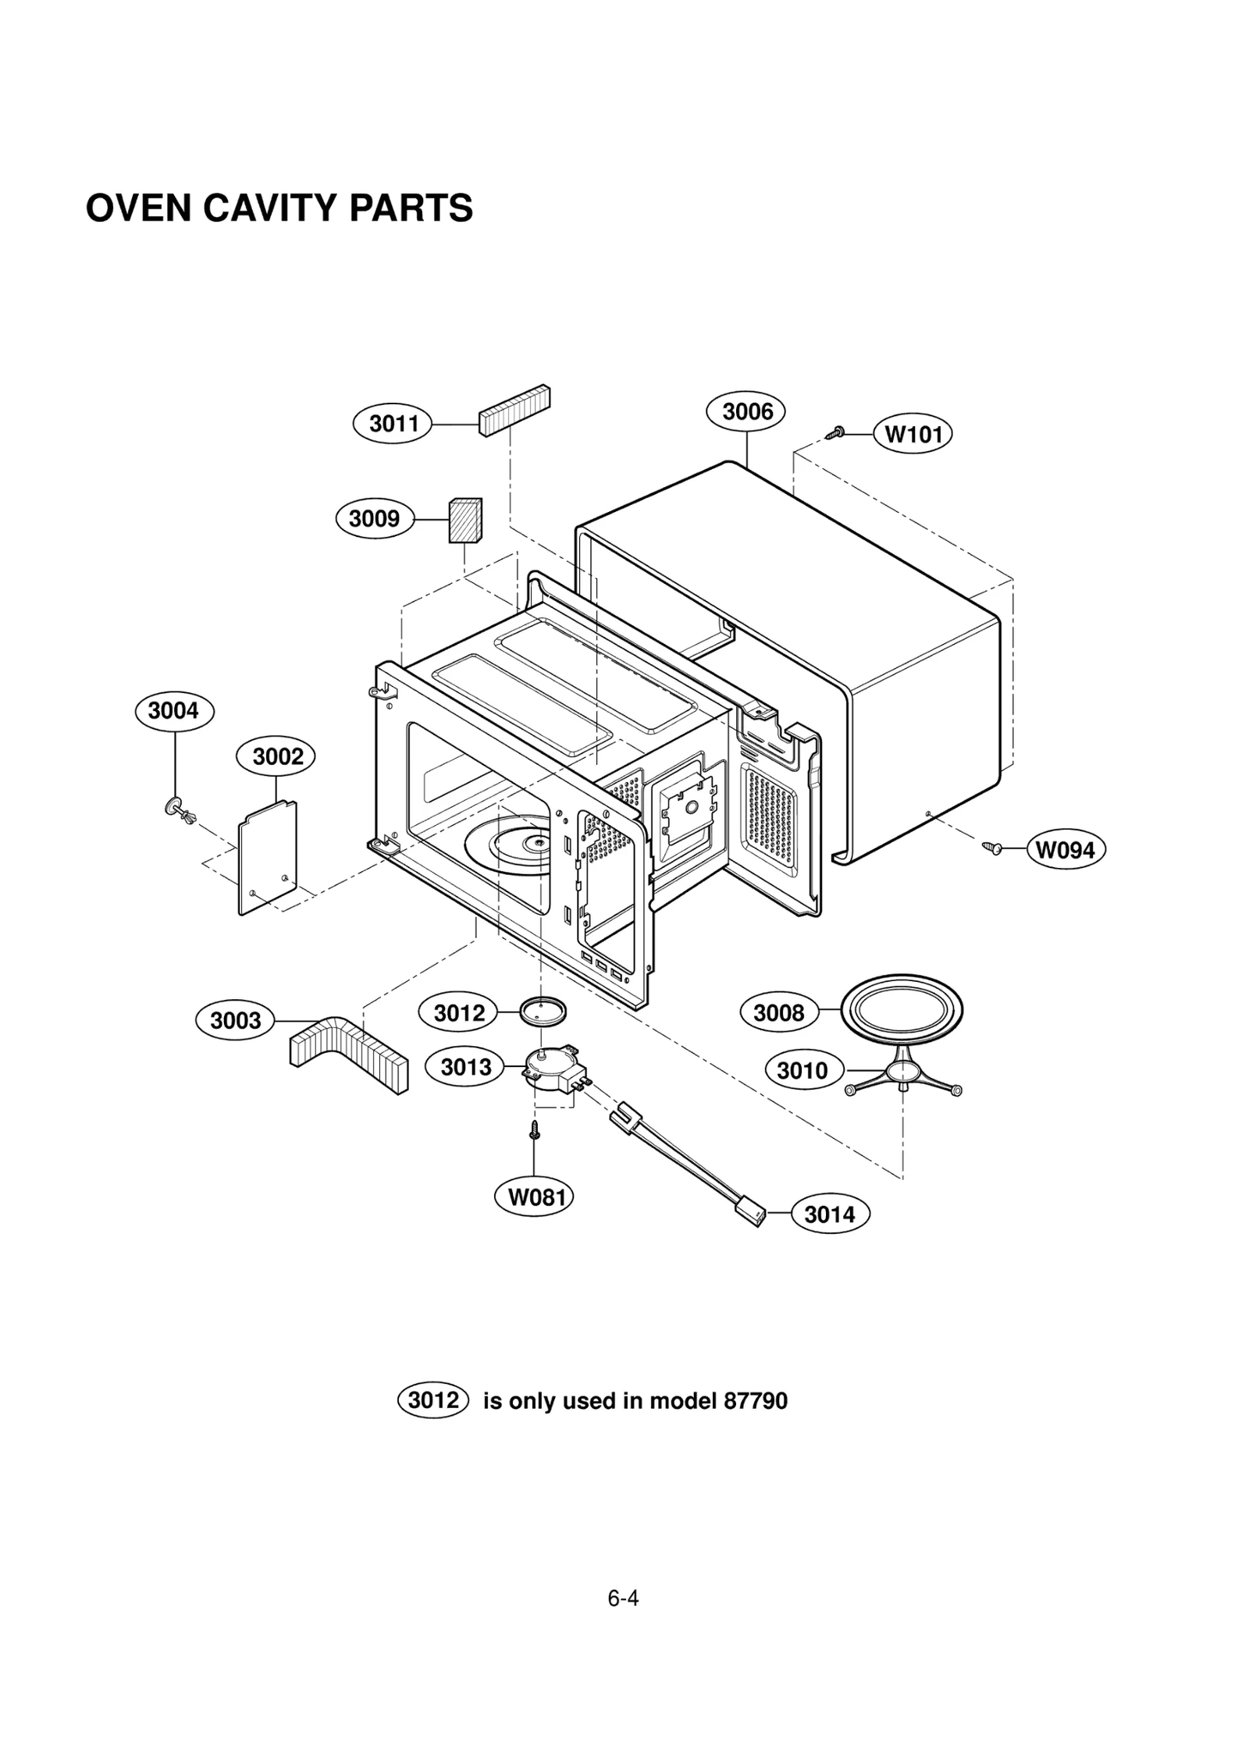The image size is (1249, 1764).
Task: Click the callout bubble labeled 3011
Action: (393, 424)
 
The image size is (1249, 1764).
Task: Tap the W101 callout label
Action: (913, 434)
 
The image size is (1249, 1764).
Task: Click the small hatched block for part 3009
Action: (464, 520)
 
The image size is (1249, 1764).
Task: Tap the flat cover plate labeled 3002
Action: (268, 857)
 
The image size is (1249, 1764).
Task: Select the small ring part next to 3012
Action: (543, 1012)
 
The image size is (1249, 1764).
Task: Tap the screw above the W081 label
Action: (535, 1129)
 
